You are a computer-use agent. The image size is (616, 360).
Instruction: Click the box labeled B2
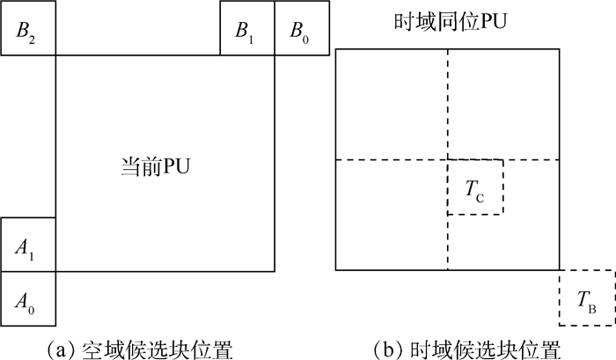28,29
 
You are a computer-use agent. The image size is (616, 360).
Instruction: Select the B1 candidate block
247,29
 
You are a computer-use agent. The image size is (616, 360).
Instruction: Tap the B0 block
302,29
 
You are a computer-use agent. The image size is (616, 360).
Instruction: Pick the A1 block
28,246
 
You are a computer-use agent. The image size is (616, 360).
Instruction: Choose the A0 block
28,299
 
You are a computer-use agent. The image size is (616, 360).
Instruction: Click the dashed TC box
475,187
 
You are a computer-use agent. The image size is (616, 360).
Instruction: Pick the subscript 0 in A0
33,305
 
